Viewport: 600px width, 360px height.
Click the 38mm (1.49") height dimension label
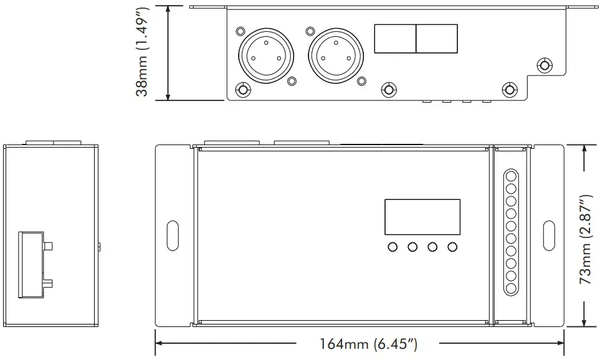pyautogui.click(x=143, y=52)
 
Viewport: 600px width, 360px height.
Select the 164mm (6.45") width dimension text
pyautogui.click(x=368, y=343)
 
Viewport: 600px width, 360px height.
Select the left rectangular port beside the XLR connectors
pyautogui.click(x=394, y=39)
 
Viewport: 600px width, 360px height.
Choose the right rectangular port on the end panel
pyautogui.click(x=437, y=39)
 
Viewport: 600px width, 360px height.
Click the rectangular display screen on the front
pyautogui.click(x=422, y=215)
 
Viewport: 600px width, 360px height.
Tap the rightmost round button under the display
pyautogui.click(x=452, y=247)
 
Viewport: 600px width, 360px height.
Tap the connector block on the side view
pyautogui.click(x=32, y=264)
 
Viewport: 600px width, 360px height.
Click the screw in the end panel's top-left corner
pyautogui.click(x=240, y=31)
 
